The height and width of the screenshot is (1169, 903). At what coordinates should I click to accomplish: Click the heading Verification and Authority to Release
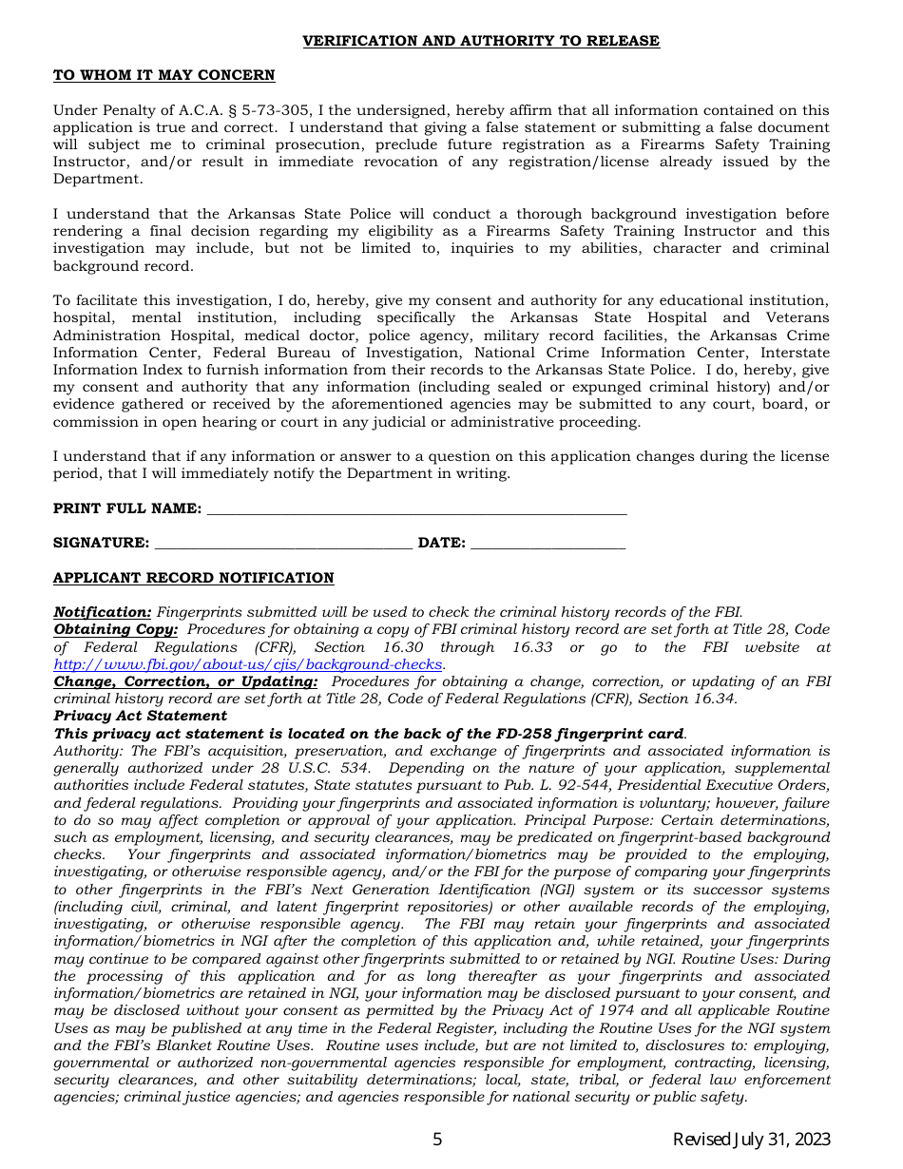[480, 41]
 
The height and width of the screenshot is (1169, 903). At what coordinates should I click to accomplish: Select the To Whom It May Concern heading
[163, 76]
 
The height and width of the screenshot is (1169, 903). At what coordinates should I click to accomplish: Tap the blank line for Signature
[282, 544]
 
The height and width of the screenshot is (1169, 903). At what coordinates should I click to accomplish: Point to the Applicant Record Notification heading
[193, 578]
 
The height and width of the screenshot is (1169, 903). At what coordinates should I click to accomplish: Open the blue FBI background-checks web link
[248, 664]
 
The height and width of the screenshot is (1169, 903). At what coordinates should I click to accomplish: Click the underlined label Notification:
[102, 613]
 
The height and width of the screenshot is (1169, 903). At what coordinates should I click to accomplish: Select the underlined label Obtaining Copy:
[115, 630]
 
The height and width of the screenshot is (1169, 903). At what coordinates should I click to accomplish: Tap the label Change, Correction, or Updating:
[185, 681]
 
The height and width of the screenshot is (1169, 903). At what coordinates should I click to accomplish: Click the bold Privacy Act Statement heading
[140, 716]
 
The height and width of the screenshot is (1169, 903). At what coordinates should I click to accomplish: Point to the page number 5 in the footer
[437, 1140]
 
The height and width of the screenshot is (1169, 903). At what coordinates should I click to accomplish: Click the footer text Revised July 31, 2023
[751, 1140]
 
